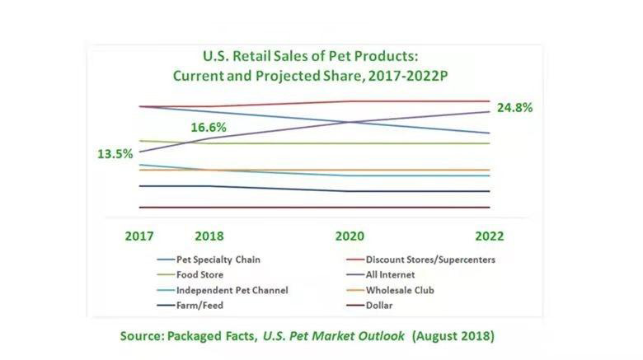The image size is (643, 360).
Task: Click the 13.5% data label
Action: (x=115, y=153)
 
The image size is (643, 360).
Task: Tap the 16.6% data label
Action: (x=209, y=128)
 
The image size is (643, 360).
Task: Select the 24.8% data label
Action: (x=514, y=107)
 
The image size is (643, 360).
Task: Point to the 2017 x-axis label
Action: (x=139, y=236)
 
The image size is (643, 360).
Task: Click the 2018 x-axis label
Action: (x=209, y=236)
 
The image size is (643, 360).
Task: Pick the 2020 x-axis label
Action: (x=350, y=236)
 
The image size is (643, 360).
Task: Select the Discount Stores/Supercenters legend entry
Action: (x=429, y=259)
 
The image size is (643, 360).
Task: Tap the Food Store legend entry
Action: (x=199, y=274)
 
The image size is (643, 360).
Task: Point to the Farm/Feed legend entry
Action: (x=199, y=306)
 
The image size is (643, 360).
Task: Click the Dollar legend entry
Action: (x=388, y=306)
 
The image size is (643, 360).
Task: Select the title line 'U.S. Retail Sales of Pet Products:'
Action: (x=311, y=57)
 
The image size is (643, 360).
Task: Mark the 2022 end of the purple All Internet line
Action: (x=490, y=111)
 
